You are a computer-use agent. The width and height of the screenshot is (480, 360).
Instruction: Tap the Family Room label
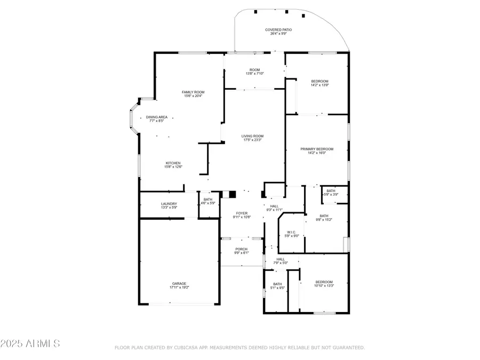pos(194,92)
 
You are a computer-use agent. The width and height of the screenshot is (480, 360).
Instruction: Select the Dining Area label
pos(157,117)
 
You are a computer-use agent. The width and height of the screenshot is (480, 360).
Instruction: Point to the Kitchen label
pos(173,163)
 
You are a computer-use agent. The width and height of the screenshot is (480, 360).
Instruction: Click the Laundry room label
pos(169,204)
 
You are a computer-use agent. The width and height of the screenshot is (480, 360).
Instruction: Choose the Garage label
pos(179,284)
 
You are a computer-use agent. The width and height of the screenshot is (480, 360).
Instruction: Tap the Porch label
pos(241,249)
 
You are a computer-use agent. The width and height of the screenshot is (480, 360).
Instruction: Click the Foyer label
pos(242,213)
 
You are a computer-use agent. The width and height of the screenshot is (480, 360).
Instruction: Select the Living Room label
pos(252,136)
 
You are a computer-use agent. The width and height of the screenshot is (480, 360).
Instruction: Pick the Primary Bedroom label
pos(317,149)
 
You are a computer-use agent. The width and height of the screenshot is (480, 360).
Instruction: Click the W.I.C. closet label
pos(291,232)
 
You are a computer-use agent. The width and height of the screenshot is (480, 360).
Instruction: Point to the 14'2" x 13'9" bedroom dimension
pos(319,85)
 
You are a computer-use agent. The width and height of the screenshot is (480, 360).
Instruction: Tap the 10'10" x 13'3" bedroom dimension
pos(324,286)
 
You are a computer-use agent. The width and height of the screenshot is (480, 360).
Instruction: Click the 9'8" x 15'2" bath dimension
pos(324,219)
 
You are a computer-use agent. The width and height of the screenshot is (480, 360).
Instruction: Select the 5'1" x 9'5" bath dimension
pos(277,288)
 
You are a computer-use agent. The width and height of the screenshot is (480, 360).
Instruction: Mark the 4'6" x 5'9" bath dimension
pos(208,203)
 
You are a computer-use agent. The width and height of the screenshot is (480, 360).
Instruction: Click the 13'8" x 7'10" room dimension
pos(254,74)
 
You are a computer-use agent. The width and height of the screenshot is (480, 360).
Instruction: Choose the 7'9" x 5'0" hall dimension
pos(281,263)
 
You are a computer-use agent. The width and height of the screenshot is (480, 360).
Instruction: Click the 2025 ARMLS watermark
pos(30,343)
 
